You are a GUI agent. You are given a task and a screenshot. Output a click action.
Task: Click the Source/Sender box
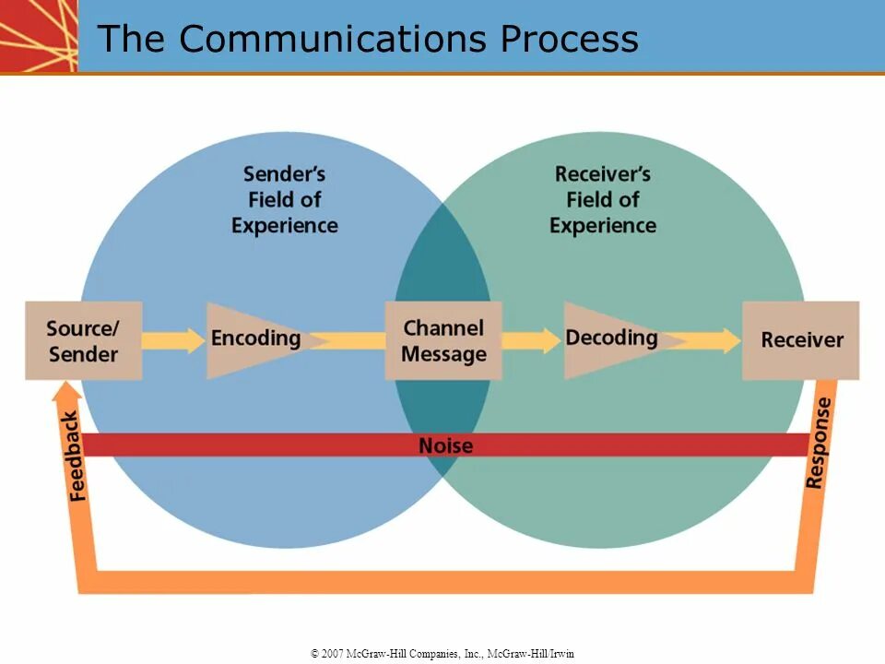tap(84, 340)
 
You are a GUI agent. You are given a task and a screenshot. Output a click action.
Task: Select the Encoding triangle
tap(254, 340)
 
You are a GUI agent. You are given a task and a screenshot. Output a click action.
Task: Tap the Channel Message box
tap(443, 340)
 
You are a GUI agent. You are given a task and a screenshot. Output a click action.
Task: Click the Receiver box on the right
tap(801, 340)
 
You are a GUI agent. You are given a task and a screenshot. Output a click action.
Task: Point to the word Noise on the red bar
tap(446, 445)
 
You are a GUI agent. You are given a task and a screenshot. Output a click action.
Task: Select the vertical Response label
tap(818, 443)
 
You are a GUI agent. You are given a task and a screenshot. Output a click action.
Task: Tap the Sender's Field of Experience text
tap(285, 200)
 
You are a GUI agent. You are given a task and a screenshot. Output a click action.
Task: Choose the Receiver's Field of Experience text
tap(603, 200)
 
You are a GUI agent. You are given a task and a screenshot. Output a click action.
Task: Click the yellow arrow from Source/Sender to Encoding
tap(173, 340)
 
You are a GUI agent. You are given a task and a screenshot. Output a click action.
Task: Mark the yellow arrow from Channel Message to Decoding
tap(531, 340)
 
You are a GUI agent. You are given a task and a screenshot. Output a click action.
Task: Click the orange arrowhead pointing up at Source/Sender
tap(67, 391)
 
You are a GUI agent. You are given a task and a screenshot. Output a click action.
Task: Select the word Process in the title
tap(570, 39)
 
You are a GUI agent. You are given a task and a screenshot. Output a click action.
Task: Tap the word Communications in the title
tap(333, 39)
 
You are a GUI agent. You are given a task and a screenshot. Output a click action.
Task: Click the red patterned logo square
tap(39, 36)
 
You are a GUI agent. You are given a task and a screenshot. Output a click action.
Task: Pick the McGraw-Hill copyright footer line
tap(442, 653)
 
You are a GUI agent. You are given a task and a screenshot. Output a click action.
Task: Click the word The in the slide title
tap(131, 39)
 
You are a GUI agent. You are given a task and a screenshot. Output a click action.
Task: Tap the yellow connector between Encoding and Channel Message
tap(348, 340)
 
